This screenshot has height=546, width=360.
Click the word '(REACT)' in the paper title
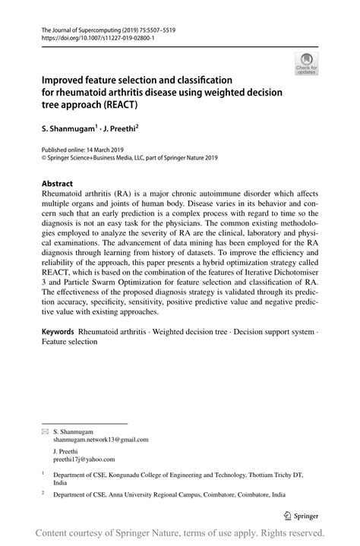tap(132, 105)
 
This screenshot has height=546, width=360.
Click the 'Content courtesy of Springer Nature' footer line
tap(179, 533)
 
